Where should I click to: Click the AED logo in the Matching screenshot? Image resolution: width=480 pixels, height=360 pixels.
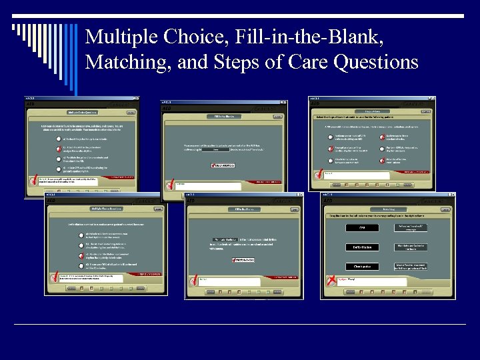[x=329, y=201]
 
